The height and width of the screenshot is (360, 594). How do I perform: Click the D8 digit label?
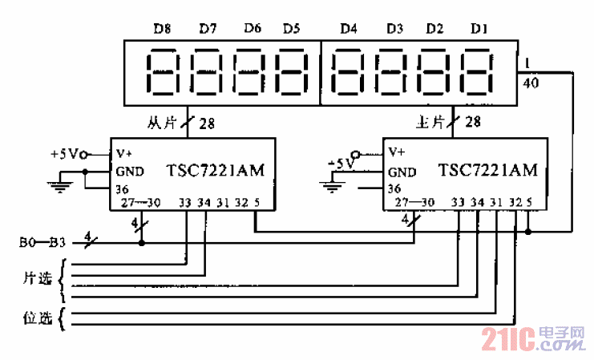(163, 29)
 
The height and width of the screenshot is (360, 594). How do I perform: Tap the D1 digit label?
(479, 29)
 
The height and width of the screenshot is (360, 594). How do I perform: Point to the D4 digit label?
(348, 29)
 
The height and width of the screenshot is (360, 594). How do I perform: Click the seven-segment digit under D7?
(205, 73)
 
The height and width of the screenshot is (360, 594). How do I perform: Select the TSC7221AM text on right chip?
(488, 171)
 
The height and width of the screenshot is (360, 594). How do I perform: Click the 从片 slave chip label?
(160, 123)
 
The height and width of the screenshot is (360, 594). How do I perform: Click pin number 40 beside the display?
(530, 83)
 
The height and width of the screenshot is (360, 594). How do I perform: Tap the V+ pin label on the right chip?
(397, 152)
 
